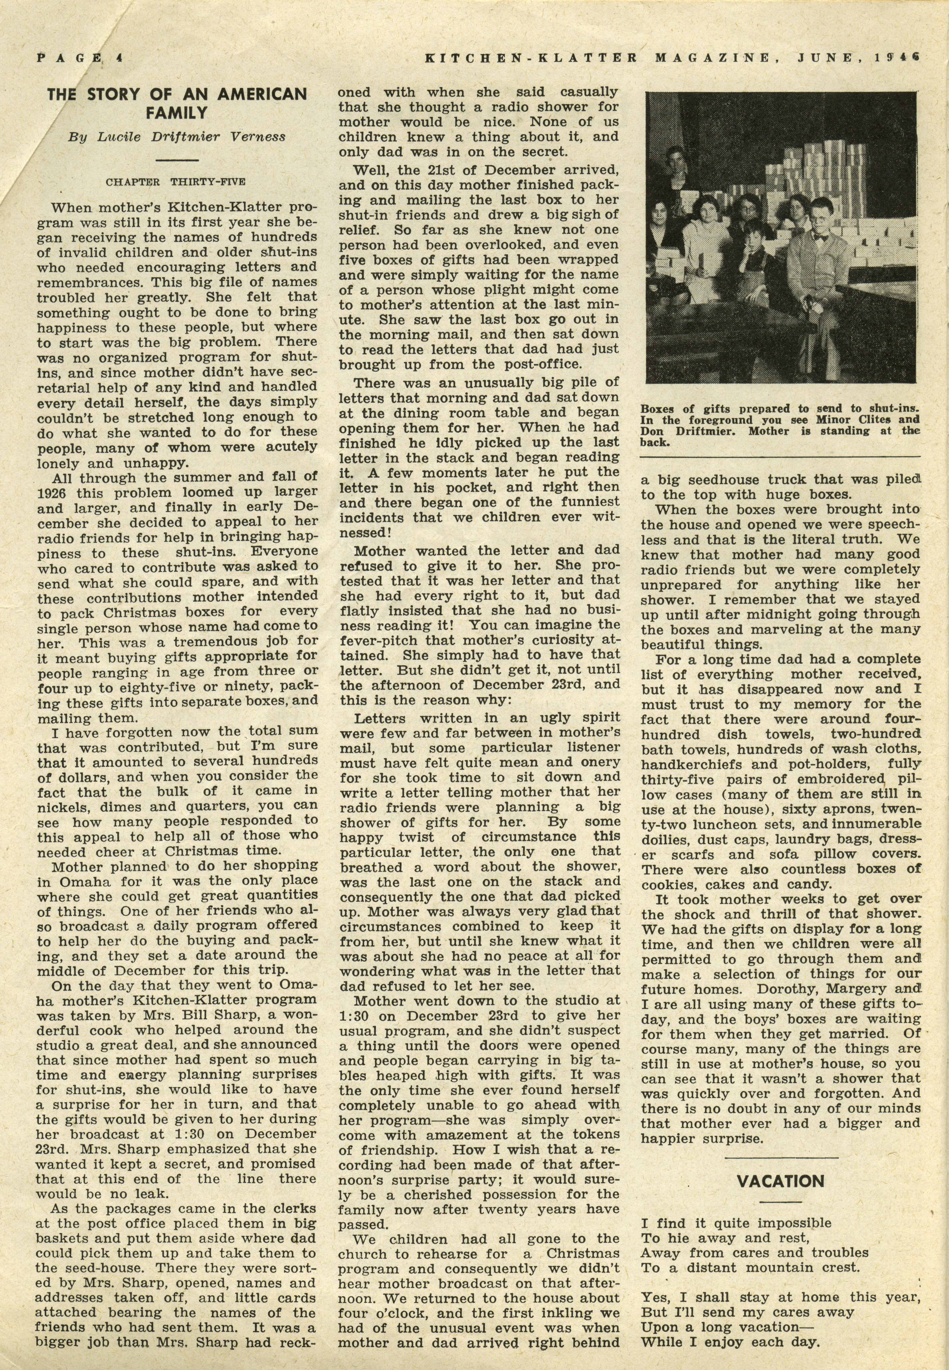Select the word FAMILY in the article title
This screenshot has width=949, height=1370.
177,113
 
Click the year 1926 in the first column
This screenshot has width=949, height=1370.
52,493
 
